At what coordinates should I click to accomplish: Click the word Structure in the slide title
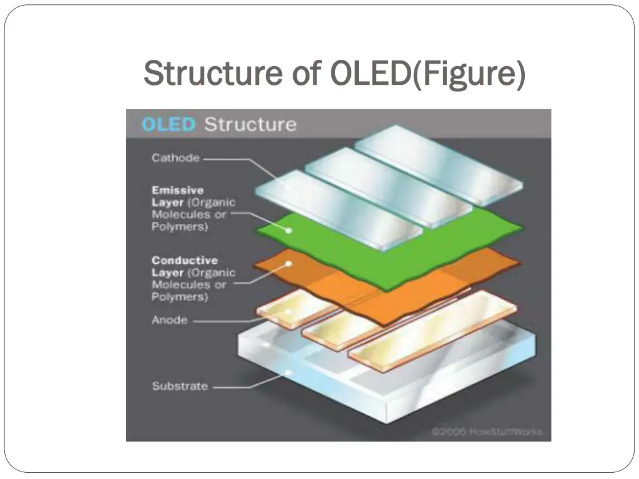pyautogui.click(x=212, y=74)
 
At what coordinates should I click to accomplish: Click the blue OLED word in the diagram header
pyautogui.click(x=168, y=124)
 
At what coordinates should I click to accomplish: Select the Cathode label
pyautogui.click(x=175, y=158)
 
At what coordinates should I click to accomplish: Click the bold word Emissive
pyautogui.click(x=177, y=190)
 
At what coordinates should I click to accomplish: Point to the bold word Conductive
pyautogui.click(x=185, y=260)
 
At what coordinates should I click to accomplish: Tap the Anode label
pyautogui.click(x=169, y=320)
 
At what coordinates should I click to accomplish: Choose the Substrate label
pyautogui.click(x=180, y=386)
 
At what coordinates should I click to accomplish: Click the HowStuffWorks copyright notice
pyautogui.click(x=487, y=432)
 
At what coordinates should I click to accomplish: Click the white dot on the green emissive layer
pyautogui.click(x=290, y=230)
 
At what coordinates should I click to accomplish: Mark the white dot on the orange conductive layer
pyautogui.click(x=289, y=264)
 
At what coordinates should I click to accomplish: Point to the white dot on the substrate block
pyautogui.click(x=288, y=372)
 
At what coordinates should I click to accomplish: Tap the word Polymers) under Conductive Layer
pyautogui.click(x=180, y=297)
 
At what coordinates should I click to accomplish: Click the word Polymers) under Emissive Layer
pyautogui.click(x=180, y=227)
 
